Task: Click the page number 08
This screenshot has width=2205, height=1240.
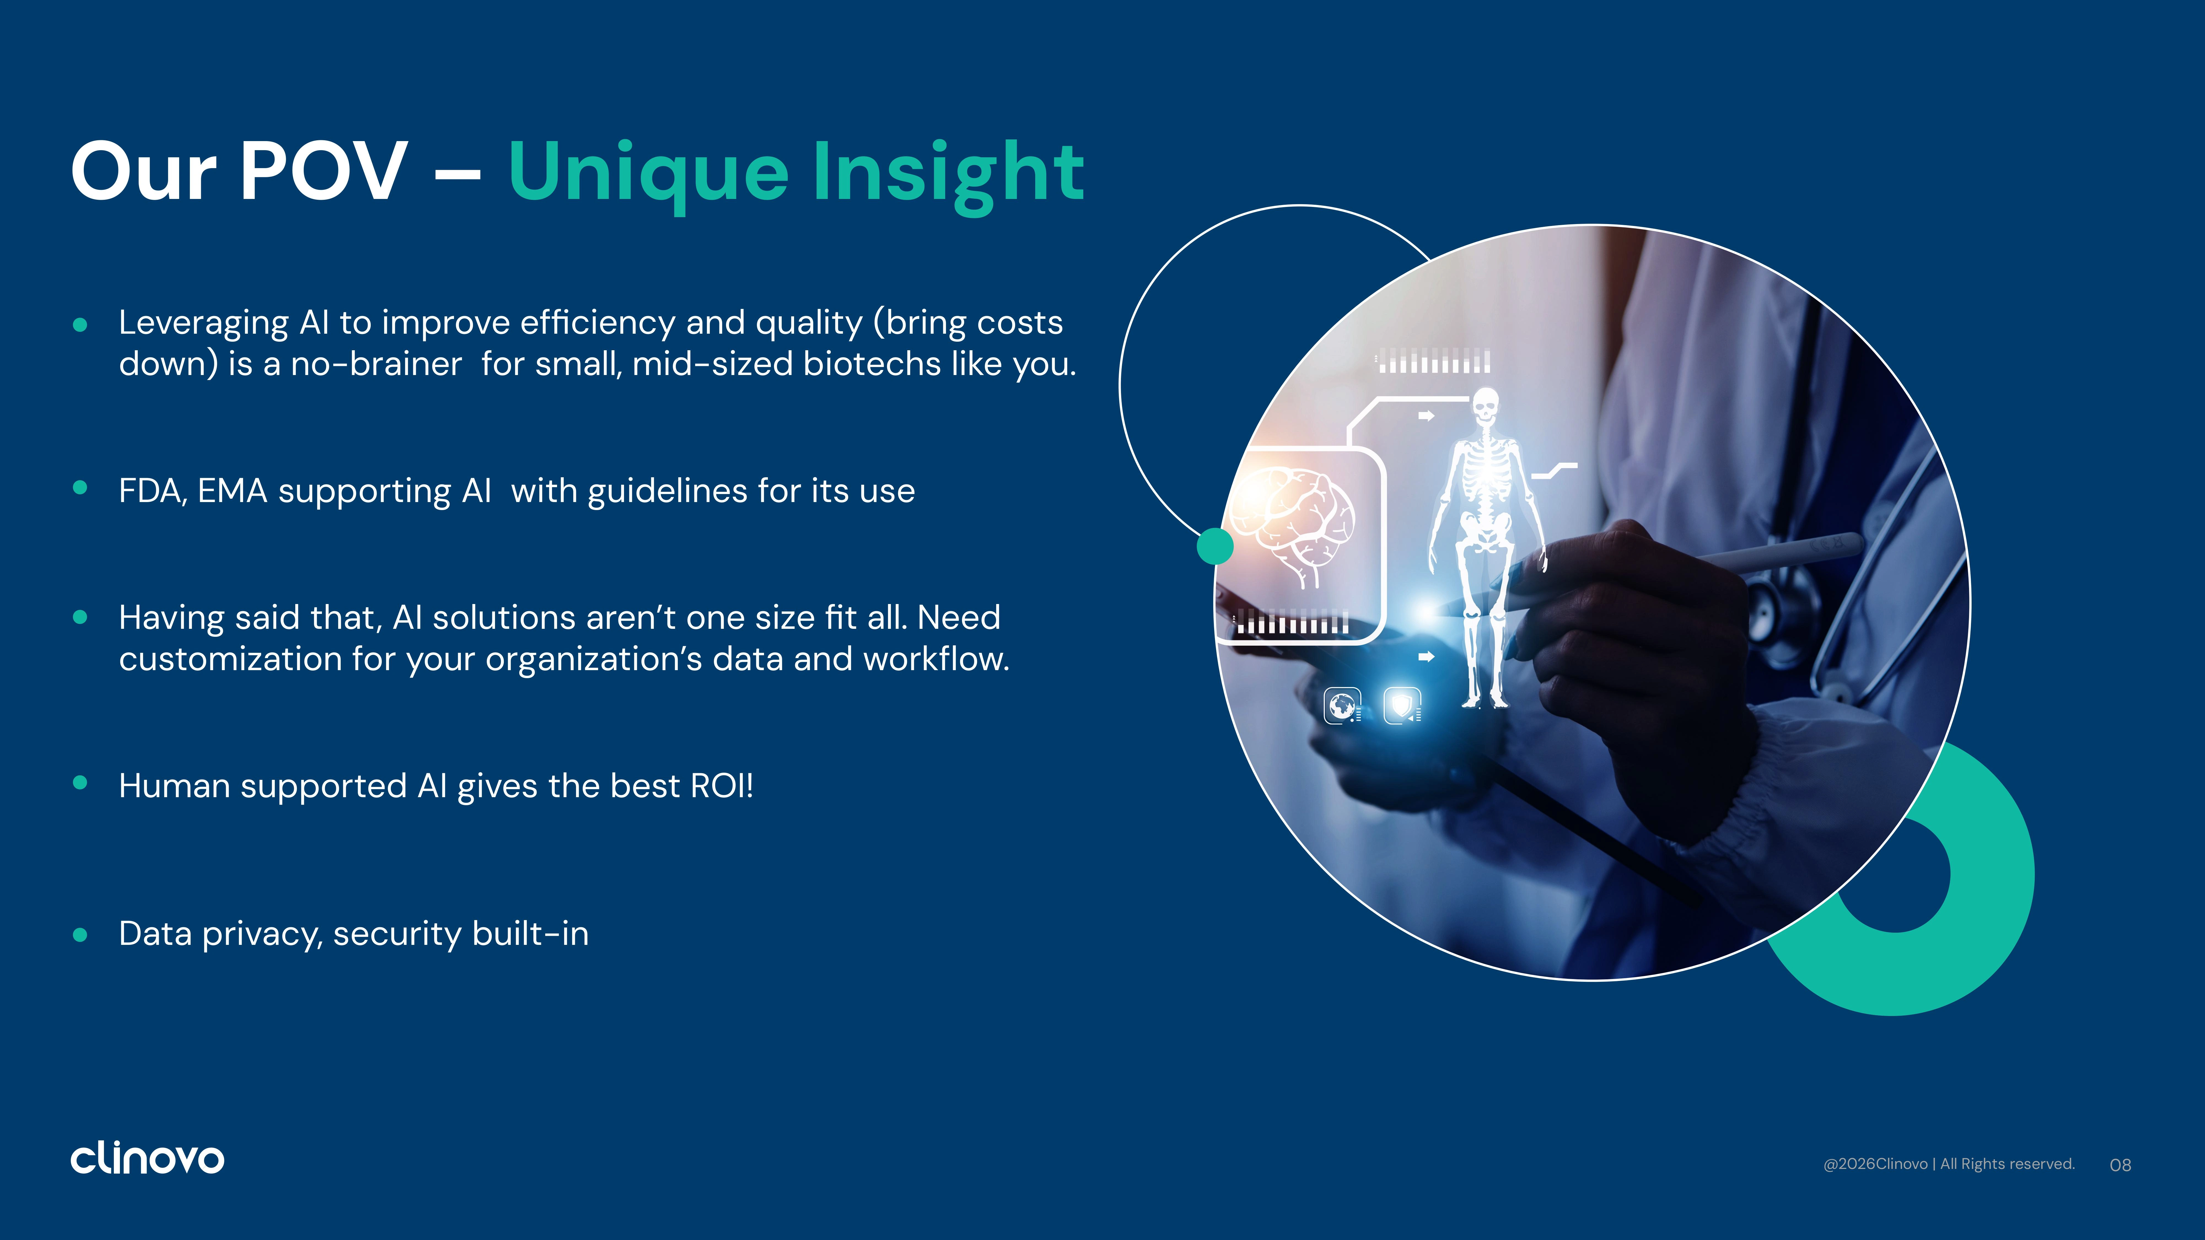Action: (2120, 1165)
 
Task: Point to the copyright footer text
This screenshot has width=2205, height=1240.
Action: (1949, 1164)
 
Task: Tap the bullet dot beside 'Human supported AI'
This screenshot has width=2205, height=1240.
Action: (80, 782)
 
